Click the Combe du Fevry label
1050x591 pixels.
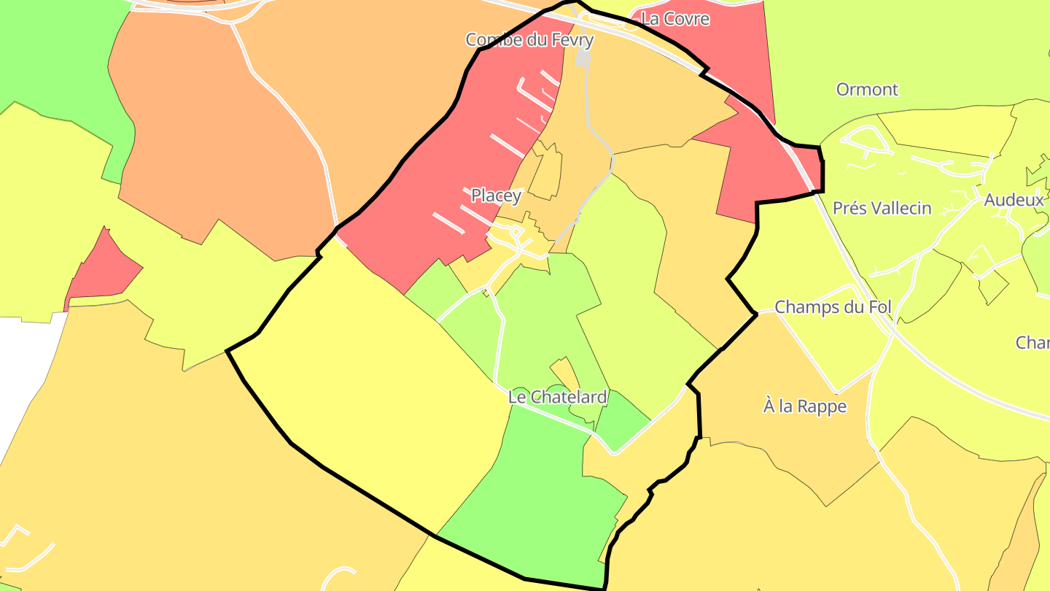click(x=529, y=39)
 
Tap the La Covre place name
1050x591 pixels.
click(x=674, y=19)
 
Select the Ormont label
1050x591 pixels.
click(x=867, y=90)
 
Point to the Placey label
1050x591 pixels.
click(x=496, y=196)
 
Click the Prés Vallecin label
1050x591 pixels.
click(x=882, y=209)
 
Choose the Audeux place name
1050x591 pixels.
click(x=1014, y=200)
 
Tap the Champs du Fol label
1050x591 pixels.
click(x=833, y=307)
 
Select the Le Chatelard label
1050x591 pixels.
click(x=557, y=398)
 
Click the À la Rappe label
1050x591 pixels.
click(x=804, y=406)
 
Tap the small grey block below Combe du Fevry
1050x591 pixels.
click(x=583, y=58)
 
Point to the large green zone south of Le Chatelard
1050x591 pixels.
click(x=540, y=496)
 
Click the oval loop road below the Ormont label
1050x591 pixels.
click(x=865, y=140)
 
